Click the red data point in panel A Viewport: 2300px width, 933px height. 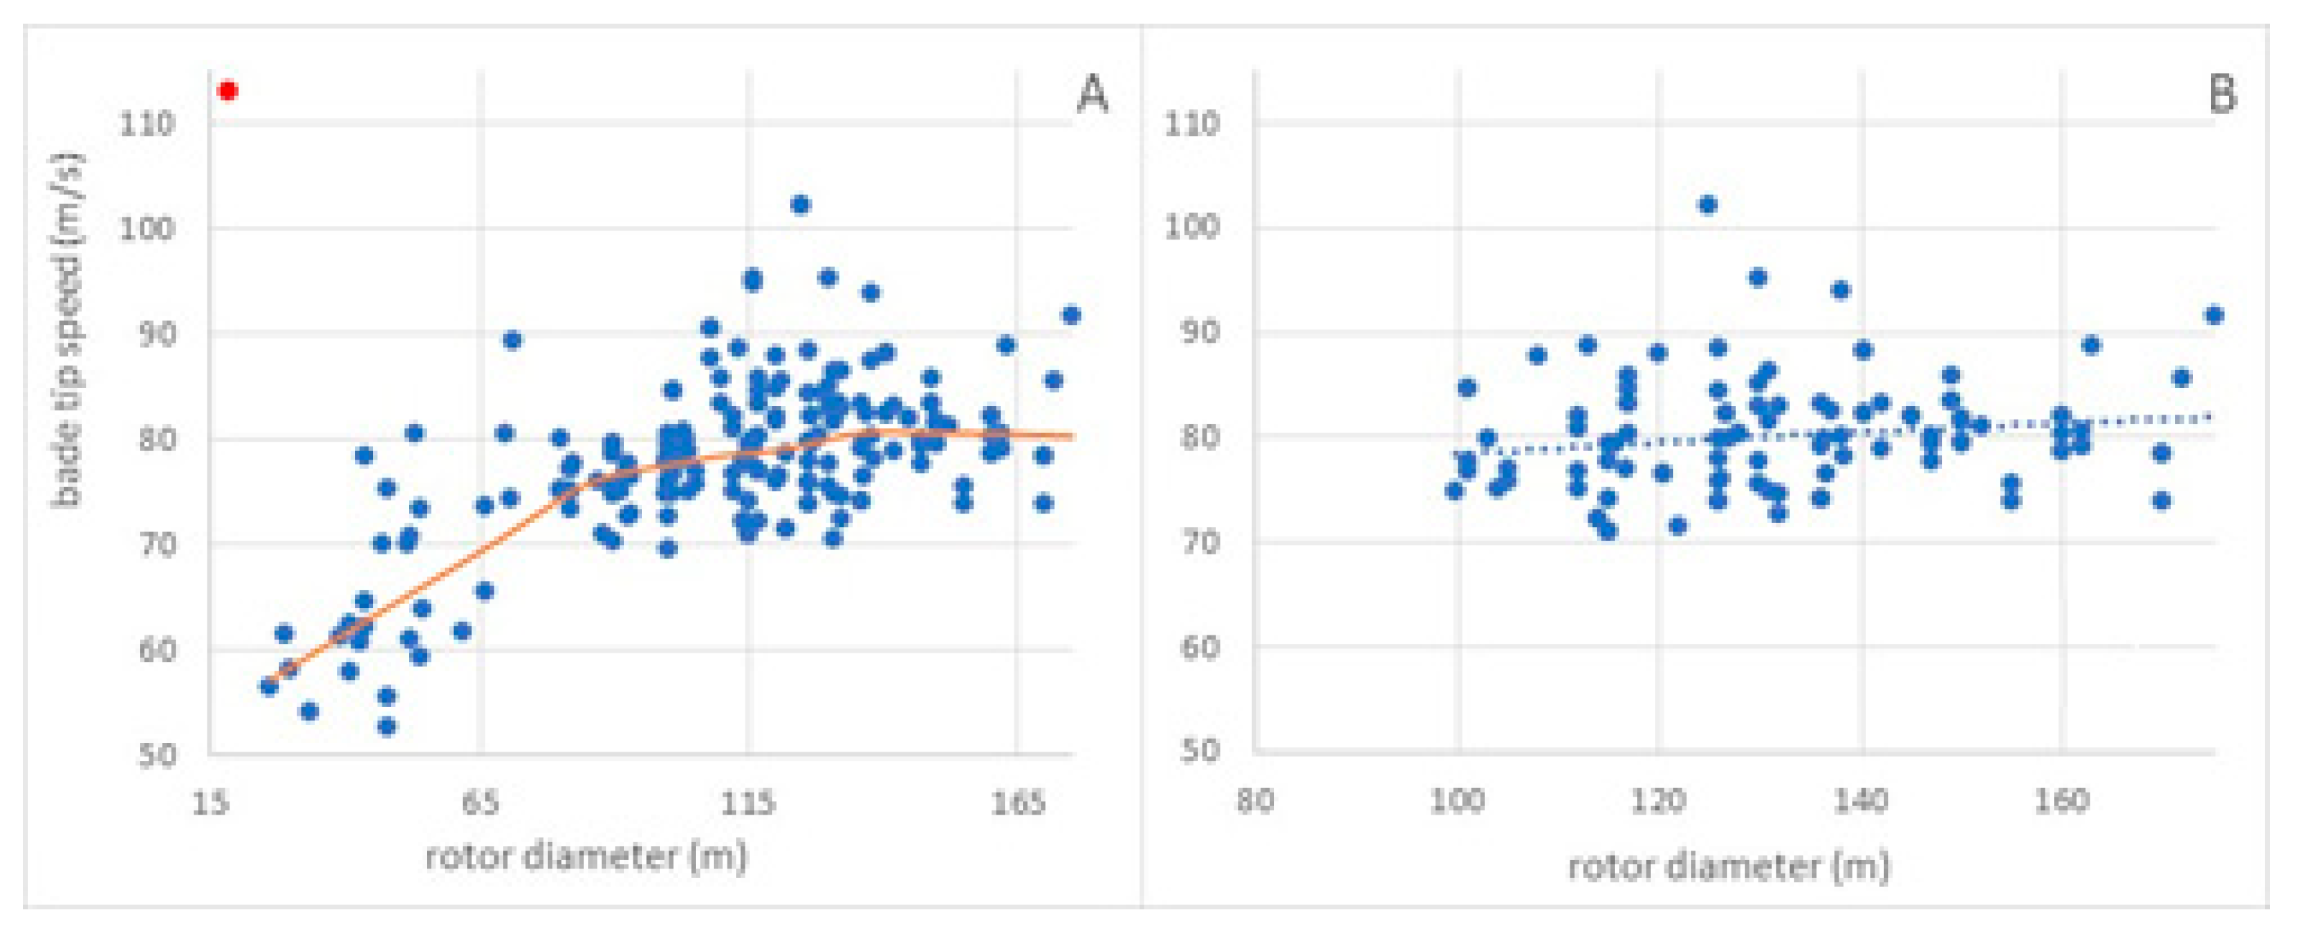point(227,91)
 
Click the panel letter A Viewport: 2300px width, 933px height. point(1093,94)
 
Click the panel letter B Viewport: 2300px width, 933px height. point(2223,94)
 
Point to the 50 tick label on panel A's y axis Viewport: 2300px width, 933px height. point(156,754)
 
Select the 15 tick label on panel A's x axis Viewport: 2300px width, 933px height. point(211,803)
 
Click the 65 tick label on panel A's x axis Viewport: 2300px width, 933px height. point(481,803)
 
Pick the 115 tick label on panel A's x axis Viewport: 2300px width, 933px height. point(748,803)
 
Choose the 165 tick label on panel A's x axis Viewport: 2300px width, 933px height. point(1018,803)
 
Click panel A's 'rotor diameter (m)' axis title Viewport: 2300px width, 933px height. point(585,857)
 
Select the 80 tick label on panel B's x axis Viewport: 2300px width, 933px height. point(1255,801)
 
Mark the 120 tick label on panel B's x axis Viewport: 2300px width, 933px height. point(1658,801)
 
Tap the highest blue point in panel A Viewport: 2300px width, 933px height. point(800,205)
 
